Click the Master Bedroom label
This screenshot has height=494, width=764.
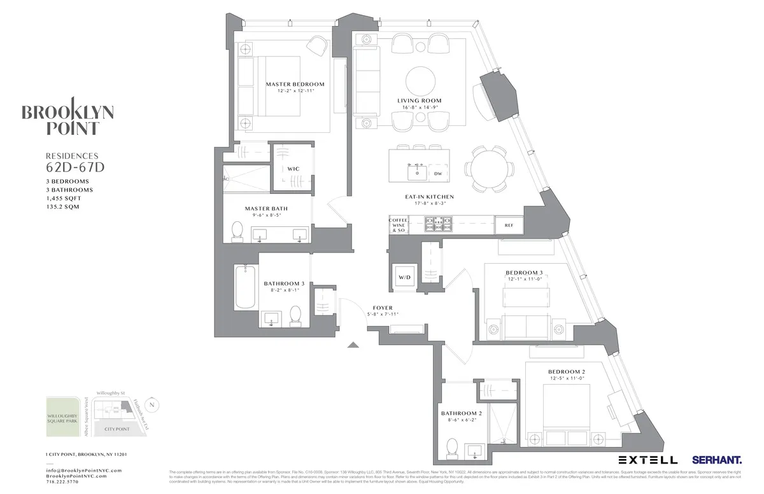tap(295, 84)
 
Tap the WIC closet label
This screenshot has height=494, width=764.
tap(293, 168)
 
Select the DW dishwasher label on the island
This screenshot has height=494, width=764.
tap(437, 173)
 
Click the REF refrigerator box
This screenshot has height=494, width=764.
tap(509, 225)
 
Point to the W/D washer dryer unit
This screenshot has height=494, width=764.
tap(404, 277)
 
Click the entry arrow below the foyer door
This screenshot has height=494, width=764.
tap(353, 345)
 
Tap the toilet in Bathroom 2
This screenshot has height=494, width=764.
tap(453, 446)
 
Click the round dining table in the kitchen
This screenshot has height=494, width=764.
tap(490, 168)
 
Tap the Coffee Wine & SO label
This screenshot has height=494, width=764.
tap(399, 225)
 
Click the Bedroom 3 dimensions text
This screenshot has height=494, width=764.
tap(525, 279)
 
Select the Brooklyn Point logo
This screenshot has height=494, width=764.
tap(68, 119)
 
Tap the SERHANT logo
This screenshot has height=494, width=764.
tap(716, 460)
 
